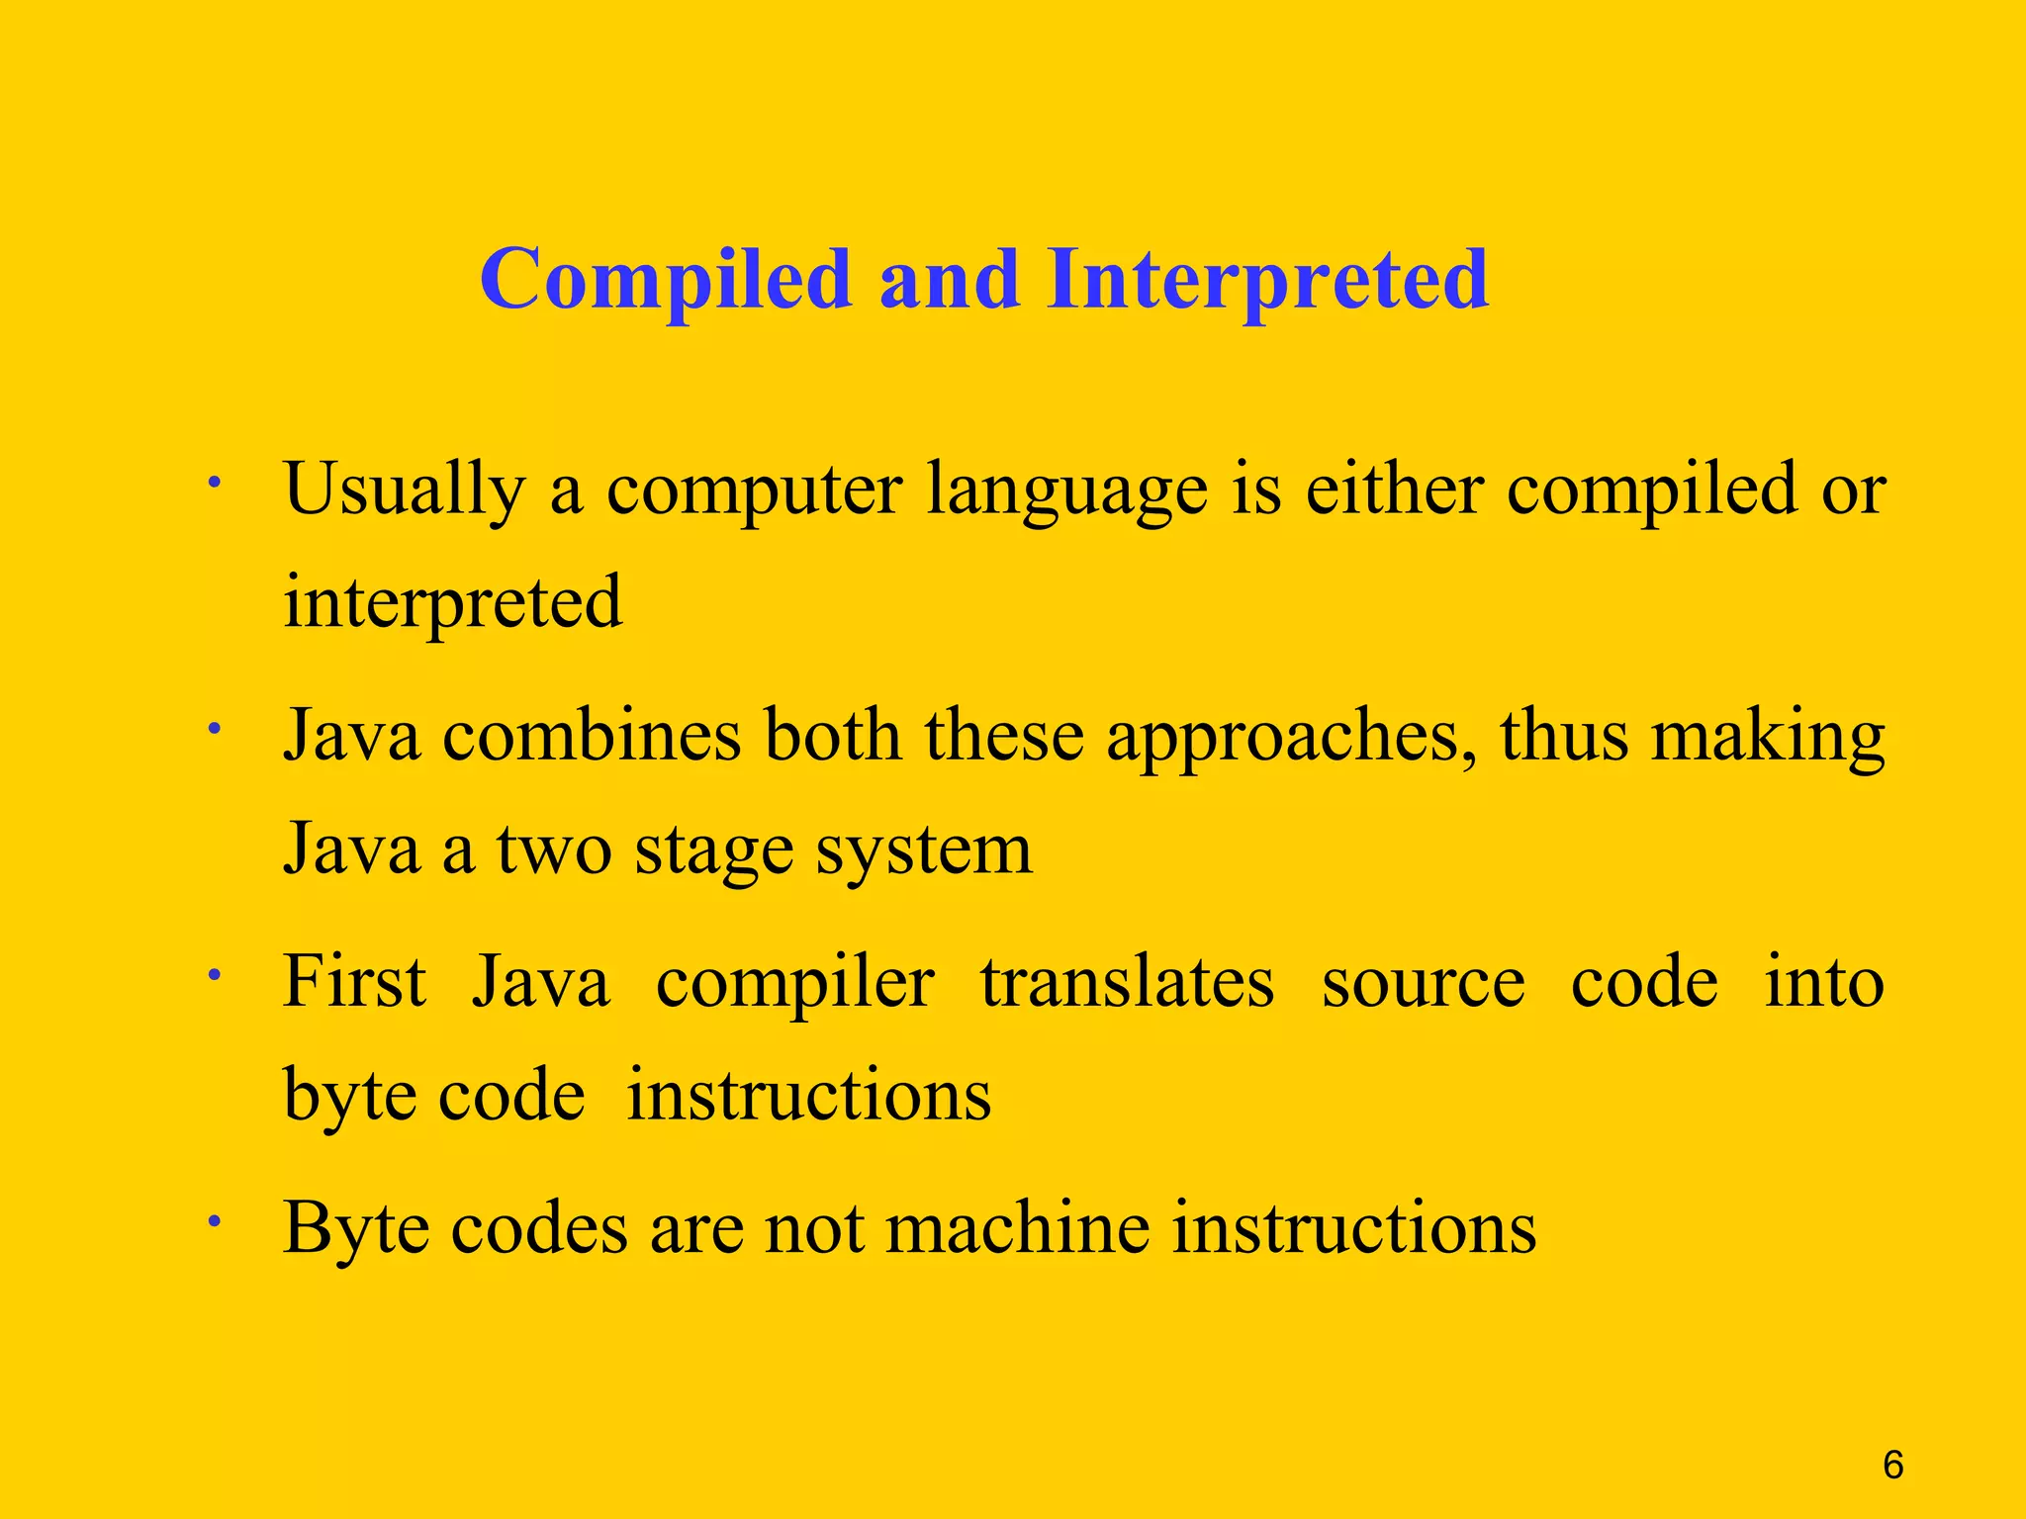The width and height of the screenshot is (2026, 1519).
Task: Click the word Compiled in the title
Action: [666, 280]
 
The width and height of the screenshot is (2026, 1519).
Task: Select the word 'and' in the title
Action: [949, 280]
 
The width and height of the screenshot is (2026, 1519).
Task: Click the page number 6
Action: [1892, 1465]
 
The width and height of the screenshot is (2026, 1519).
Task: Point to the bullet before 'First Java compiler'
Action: [213, 975]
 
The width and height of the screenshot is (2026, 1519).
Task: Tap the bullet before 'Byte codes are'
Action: [213, 1221]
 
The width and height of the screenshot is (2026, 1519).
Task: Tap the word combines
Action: [592, 737]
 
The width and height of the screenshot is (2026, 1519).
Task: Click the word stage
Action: [713, 850]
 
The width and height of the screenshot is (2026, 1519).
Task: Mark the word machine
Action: [1016, 1228]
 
